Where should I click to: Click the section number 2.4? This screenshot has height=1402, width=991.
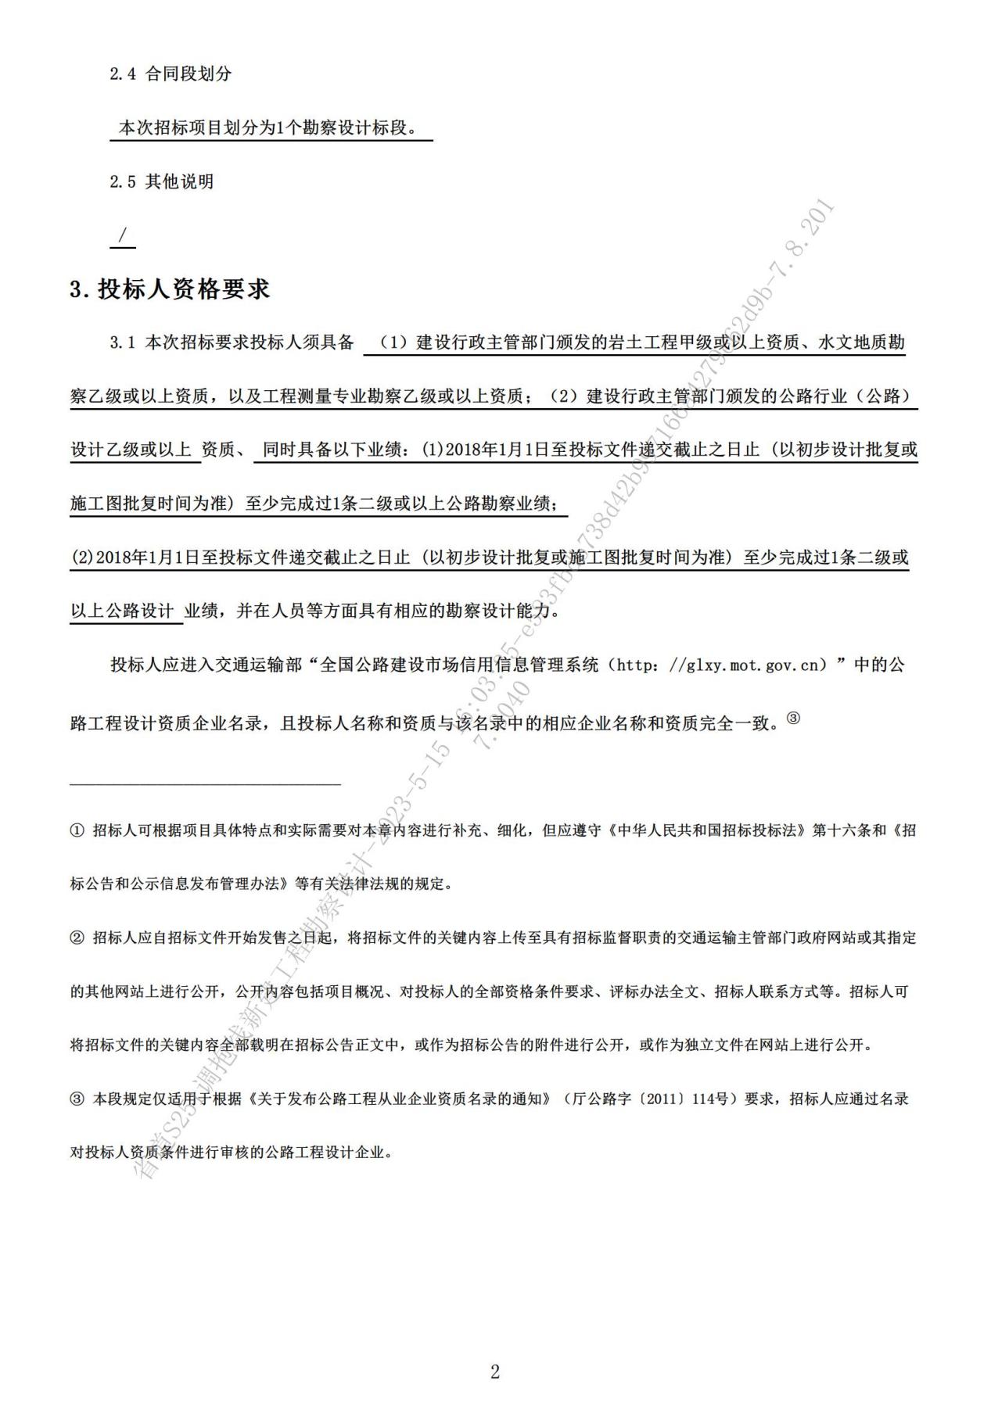point(122,74)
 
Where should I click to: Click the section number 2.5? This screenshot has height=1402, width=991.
point(122,182)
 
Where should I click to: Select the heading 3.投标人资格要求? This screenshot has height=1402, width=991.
point(170,289)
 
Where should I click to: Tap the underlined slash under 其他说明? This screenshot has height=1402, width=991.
point(123,235)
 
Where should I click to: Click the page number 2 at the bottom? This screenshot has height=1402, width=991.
point(494,1372)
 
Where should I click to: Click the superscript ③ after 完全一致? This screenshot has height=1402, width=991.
point(793,719)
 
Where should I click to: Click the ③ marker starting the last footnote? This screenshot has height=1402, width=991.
point(77,1099)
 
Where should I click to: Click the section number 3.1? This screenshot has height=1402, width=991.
point(123,342)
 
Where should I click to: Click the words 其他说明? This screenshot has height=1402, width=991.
point(180,182)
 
